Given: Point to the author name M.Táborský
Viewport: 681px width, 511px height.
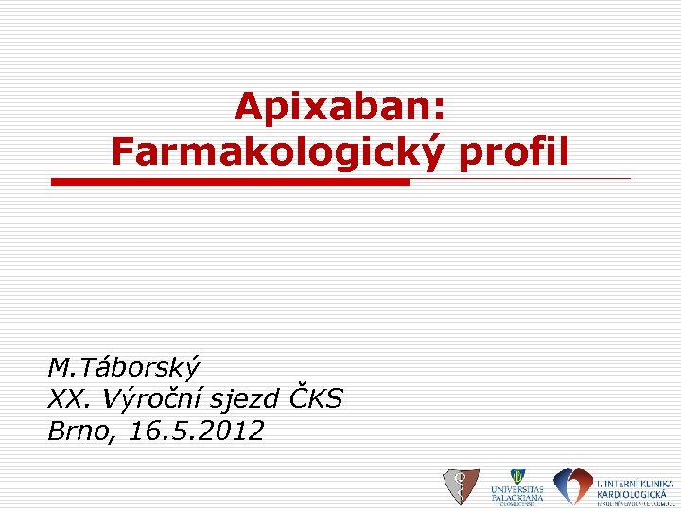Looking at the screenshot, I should [x=125, y=366].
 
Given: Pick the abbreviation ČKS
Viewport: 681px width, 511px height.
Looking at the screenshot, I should [x=317, y=398].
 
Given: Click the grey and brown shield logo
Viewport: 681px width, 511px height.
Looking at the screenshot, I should [x=462, y=486].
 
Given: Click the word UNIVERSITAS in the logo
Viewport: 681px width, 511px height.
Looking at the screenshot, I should [x=516, y=488].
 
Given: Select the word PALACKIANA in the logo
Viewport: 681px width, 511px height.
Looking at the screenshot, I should [x=516, y=497].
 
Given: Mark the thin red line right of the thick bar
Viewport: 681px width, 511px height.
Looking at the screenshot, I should [x=519, y=178].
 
